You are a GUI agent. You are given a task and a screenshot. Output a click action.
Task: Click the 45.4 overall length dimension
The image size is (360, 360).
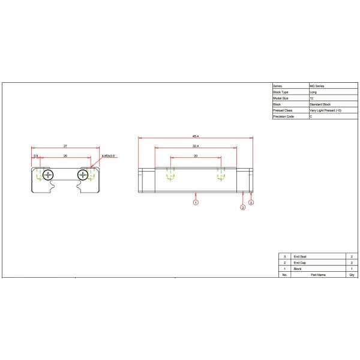196,136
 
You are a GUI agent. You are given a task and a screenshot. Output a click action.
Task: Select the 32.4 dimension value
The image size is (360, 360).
196,146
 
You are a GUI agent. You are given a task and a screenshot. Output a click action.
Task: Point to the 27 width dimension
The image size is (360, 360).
65,146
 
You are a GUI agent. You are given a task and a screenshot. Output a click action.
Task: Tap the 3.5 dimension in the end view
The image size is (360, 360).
36,156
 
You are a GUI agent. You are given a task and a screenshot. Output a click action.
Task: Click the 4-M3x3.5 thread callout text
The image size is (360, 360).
109,156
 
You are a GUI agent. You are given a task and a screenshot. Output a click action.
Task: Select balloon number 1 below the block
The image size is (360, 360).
196,203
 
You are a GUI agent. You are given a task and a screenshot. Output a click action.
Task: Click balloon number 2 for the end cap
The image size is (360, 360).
242,208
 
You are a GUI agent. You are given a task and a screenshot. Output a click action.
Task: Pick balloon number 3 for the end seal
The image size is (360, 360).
251,203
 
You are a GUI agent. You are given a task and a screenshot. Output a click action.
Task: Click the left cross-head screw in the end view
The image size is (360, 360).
47,175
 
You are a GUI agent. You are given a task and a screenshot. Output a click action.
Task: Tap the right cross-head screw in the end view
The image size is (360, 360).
83,175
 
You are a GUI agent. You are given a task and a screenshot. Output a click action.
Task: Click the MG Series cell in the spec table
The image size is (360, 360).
317,86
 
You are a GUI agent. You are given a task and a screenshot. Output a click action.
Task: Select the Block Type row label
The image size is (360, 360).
281,92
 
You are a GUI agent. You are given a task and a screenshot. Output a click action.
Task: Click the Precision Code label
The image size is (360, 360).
283,116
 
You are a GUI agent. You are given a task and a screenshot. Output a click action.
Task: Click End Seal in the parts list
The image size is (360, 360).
300,256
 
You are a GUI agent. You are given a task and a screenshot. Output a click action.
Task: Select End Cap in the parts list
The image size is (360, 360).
299,263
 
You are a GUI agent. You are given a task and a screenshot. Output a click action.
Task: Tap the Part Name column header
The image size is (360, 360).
317,275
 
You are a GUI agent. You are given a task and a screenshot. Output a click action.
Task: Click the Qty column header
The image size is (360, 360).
351,275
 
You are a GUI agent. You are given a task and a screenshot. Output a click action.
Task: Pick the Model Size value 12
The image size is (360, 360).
311,98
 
